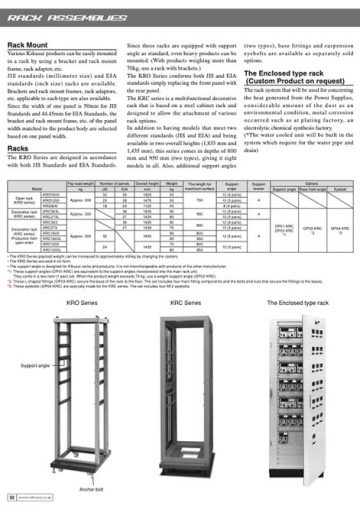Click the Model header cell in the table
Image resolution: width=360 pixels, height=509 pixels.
(x=35, y=188)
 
